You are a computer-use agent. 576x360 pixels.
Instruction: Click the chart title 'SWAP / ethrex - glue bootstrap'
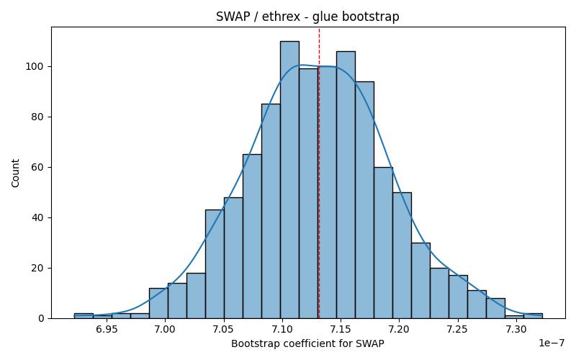click(307, 17)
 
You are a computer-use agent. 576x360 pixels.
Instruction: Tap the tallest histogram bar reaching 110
click(289, 179)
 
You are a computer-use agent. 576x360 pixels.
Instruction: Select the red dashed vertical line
click(319, 173)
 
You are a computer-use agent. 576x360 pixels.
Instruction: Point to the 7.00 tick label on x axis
click(166, 329)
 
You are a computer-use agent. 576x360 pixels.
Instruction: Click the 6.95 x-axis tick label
click(107, 329)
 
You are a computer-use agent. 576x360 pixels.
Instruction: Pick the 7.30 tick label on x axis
click(516, 329)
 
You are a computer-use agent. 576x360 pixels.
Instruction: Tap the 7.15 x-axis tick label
click(341, 329)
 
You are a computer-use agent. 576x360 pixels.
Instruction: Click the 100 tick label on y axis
click(34, 67)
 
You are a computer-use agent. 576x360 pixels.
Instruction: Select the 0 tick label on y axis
click(40, 318)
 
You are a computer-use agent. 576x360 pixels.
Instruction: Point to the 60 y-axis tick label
click(37, 168)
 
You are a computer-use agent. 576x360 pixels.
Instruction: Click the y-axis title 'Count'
click(15, 173)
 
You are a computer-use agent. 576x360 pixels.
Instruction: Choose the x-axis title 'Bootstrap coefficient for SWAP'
click(308, 344)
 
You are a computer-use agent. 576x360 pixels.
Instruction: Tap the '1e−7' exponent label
click(552, 343)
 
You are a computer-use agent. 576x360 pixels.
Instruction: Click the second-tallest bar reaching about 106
click(346, 185)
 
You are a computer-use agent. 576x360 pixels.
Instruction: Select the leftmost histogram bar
click(84, 316)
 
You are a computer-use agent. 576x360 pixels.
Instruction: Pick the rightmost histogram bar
click(533, 316)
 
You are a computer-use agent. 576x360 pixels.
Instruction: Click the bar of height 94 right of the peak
click(364, 200)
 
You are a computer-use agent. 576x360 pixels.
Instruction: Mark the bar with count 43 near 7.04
click(215, 264)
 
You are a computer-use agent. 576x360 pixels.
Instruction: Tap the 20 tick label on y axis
click(37, 268)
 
